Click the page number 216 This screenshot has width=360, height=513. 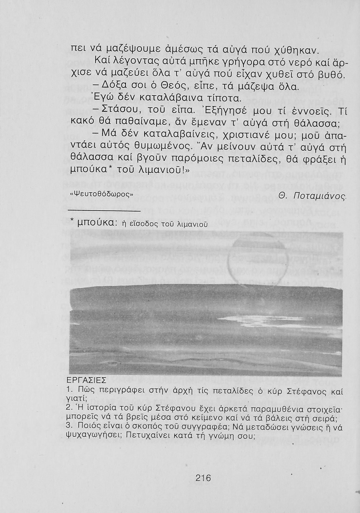(x=203, y=477)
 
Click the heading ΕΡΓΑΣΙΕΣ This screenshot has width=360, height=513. (x=86, y=380)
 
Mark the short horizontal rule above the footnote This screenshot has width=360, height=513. (x=105, y=210)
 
